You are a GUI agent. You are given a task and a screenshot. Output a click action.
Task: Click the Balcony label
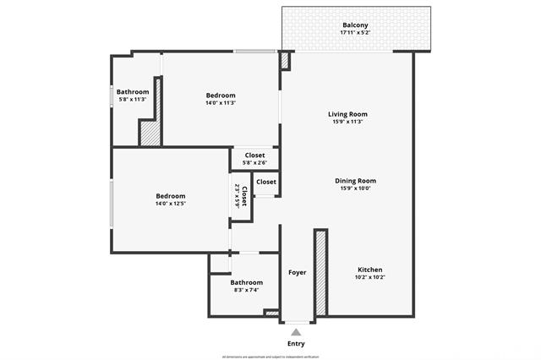pos(355,25)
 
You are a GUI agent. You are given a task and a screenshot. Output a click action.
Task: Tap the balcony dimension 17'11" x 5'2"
pos(355,33)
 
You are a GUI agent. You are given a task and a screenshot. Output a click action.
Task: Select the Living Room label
pos(347,114)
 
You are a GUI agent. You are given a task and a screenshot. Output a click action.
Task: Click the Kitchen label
pos(369,269)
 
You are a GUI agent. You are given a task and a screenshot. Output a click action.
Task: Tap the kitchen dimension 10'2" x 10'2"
pos(369,277)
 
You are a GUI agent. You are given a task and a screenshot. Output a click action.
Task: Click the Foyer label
pos(297,272)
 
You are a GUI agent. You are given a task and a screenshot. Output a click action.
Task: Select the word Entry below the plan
pos(296,344)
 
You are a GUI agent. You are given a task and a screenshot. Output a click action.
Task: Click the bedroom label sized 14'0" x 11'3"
pos(221,95)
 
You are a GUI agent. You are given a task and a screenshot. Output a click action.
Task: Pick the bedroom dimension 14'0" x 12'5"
pos(170,204)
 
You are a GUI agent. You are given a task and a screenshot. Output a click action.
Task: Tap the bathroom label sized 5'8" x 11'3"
pos(133,100)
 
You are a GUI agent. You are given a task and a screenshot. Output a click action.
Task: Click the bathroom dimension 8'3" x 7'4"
pos(247,290)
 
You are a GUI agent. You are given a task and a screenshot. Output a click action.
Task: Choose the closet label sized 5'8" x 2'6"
pos(254,162)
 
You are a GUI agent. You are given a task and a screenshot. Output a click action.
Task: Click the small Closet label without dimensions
pos(265,182)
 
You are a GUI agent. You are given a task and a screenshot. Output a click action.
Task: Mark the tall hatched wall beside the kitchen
pos(320,272)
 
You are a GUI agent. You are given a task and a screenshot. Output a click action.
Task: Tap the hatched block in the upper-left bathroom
pos(150,134)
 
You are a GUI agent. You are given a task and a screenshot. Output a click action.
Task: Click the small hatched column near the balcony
pos(284,61)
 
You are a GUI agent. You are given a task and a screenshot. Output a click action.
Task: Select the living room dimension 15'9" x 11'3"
pos(347,122)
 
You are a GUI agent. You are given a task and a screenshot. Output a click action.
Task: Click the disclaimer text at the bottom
pos(270,357)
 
